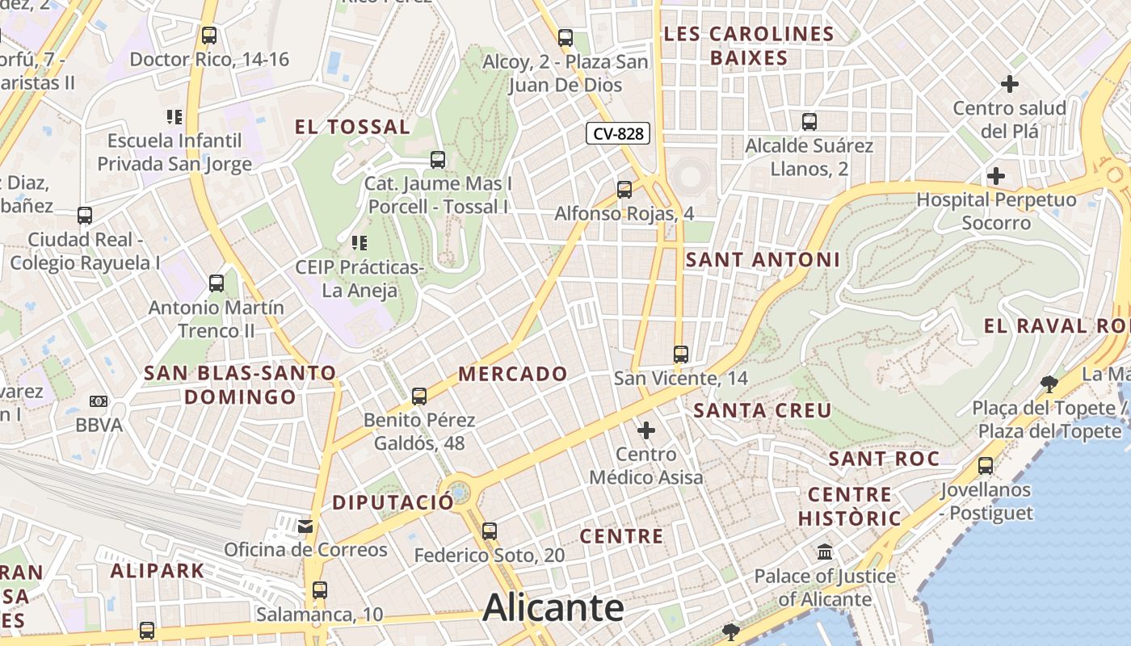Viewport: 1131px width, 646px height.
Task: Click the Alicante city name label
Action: click(x=553, y=607)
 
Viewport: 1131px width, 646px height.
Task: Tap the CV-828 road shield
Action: click(x=618, y=134)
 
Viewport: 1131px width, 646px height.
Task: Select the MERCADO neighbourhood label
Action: click(x=513, y=374)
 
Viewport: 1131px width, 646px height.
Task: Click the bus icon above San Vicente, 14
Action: click(x=681, y=354)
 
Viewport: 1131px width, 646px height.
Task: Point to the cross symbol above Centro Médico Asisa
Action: click(x=646, y=430)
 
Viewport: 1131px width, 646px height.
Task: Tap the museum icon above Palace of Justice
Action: click(x=825, y=552)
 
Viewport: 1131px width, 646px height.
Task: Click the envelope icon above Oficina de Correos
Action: click(x=305, y=526)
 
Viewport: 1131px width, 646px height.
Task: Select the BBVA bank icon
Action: click(x=99, y=401)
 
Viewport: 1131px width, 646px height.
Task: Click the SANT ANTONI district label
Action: click(x=763, y=260)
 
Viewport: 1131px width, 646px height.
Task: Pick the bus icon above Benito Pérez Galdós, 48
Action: click(x=418, y=396)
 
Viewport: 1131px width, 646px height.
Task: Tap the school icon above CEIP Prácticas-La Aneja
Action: click(x=359, y=242)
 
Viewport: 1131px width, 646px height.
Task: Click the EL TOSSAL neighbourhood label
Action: click(x=352, y=127)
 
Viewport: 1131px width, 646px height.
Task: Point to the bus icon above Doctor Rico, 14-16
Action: click(x=209, y=36)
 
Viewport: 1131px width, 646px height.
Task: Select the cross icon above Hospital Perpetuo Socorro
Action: click(x=996, y=175)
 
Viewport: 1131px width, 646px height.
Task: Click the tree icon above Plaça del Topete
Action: click(x=1049, y=384)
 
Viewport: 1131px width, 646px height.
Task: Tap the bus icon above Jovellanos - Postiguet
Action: click(x=986, y=466)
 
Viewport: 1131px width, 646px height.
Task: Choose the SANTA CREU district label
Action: click(x=763, y=410)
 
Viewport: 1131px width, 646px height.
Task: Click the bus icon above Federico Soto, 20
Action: click(x=490, y=531)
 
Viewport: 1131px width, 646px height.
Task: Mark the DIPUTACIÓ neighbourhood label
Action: click(x=393, y=502)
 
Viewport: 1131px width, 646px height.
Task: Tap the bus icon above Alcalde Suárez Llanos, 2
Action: click(x=809, y=122)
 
